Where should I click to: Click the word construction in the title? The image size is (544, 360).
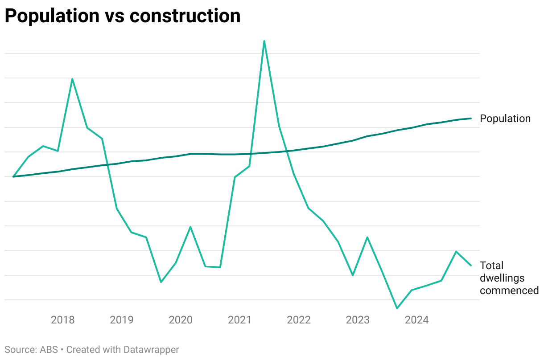pos(185,16)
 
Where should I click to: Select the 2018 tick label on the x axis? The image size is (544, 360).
pos(63,320)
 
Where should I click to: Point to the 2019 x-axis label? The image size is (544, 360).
pos(122,320)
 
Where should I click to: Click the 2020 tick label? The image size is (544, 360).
pos(181,320)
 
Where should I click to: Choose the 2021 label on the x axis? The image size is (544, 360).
pos(239,320)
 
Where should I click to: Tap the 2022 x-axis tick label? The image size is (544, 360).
pos(299,320)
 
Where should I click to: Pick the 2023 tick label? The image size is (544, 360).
pos(358,320)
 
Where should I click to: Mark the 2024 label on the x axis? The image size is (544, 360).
pos(416,320)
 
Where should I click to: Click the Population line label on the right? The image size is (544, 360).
pos(505,119)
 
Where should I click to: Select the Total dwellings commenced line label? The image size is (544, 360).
pos(509,278)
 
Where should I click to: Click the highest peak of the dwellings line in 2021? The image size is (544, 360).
pos(264,41)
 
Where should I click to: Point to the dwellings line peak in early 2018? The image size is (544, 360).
pos(72,79)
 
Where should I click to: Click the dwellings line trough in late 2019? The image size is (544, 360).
pos(161,282)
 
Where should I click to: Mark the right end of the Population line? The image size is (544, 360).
pos(471,119)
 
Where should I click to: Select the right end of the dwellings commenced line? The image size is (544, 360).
pos(471,266)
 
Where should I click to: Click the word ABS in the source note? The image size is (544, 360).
pos(49,350)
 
